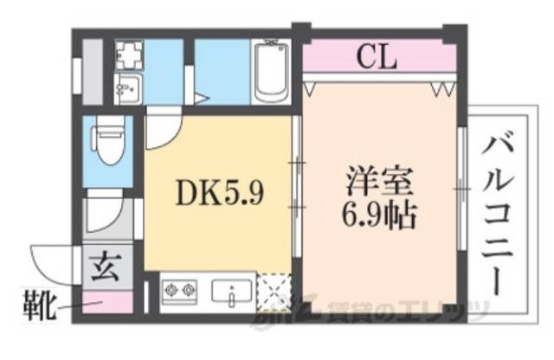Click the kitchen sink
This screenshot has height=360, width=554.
pos(233,293)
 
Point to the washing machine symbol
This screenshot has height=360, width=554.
pos(131,54)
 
